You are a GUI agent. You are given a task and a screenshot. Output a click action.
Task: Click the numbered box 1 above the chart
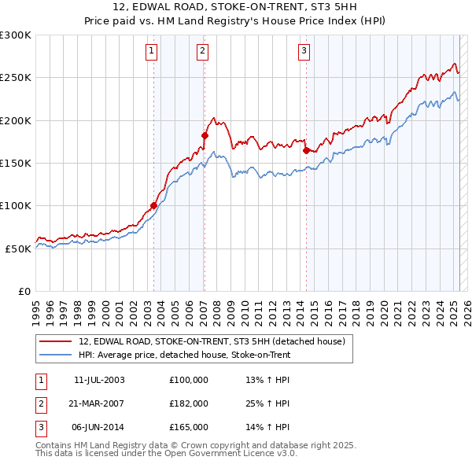[151, 52]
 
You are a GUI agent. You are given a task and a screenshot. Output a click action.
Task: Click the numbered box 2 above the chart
[202, 52]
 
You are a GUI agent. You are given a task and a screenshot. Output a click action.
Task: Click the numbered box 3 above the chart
[304, 52]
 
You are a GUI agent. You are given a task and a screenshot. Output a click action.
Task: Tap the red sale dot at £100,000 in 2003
[153, 206]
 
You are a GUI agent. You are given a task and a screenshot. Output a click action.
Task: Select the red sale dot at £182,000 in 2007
[205, 136]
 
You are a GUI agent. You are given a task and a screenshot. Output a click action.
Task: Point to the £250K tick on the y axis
[17, 78]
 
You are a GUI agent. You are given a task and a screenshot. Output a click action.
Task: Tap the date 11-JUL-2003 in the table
[99, 380]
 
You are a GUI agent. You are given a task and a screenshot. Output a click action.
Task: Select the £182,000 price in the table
[189, 403]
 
